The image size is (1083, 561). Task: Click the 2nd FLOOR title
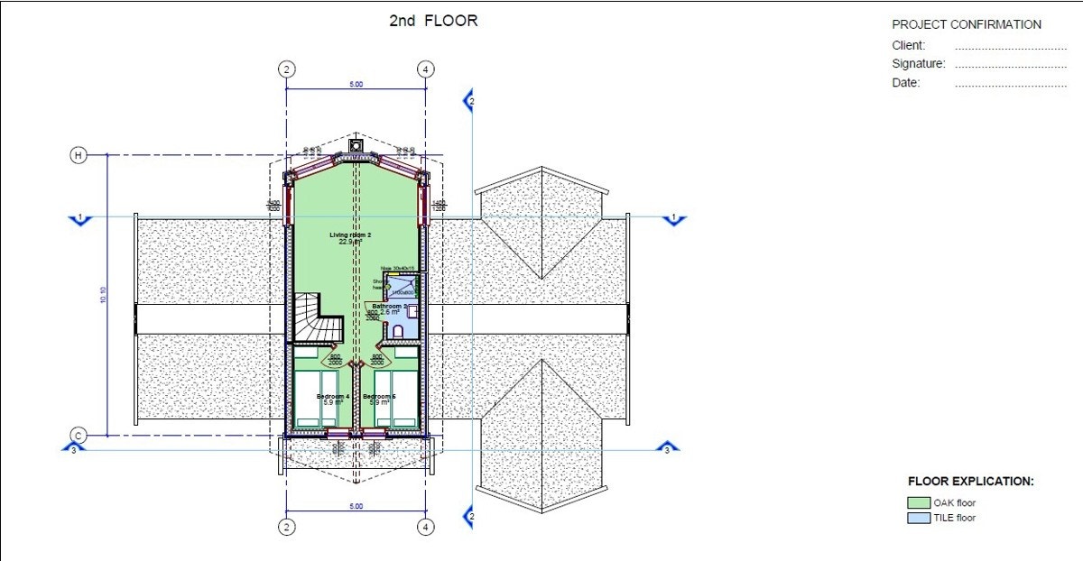coord(432,20)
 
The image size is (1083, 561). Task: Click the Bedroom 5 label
coord(380,397)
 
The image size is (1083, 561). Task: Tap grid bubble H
coord(79,155)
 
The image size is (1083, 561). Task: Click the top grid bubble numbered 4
coord(425,69)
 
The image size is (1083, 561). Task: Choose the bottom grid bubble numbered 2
coord(286,527)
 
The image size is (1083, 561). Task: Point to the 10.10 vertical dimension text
coord(102,295)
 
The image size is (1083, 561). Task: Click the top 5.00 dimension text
coord(356,85)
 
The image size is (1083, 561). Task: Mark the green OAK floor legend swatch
coord(919,503)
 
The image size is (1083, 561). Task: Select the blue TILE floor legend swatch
coord(919,518)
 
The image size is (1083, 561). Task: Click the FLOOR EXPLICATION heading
coord(970,482)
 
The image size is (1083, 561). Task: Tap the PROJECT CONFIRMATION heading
coord(966,24)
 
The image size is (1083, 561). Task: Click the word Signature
coord(918,64)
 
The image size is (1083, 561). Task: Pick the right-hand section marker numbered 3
coord(667,449)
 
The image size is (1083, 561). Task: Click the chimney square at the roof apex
coord(356,145)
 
